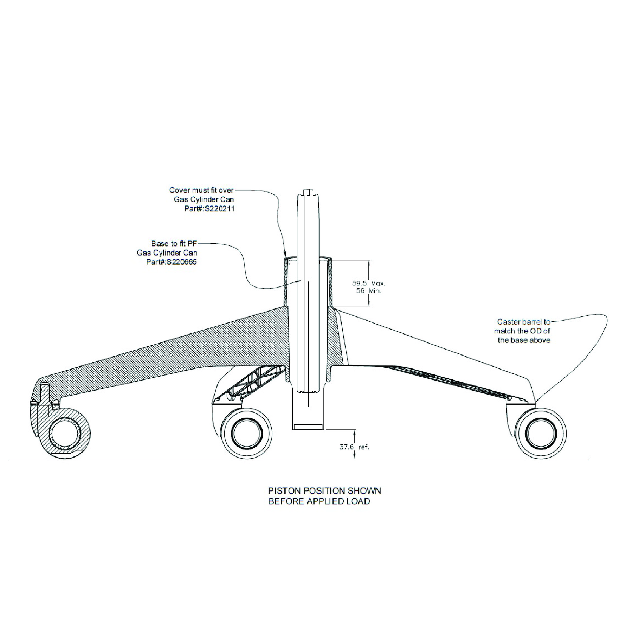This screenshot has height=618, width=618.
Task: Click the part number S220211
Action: coord(219,209)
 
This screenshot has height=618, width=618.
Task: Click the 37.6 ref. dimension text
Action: coord(354,447)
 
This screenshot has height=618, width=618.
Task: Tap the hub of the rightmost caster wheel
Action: coord(541,433)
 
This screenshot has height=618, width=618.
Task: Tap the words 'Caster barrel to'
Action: coord(523,322)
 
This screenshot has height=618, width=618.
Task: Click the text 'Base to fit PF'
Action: coord(174,243)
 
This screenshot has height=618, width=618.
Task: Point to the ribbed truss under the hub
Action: coord(253,382)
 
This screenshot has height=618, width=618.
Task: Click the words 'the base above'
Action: coord(524,340)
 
